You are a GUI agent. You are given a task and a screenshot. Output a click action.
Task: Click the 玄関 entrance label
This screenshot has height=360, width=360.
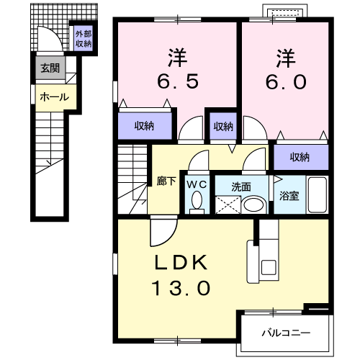click(x=50, y=68)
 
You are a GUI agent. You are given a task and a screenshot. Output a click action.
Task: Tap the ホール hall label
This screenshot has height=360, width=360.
click(x=55, y=97)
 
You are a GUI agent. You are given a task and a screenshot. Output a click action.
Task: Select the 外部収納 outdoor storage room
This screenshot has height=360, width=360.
click(x=84, y=38)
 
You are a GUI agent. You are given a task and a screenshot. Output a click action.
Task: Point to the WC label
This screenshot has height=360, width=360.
click(x=197, y=184)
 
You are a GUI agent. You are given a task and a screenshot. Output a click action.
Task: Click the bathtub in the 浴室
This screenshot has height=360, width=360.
click(x=318, y=194)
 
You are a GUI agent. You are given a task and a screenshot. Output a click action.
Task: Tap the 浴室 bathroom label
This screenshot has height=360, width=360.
click(x=289, y=196)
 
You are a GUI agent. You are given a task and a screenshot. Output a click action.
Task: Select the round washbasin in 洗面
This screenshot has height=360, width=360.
click(x=253, y=205)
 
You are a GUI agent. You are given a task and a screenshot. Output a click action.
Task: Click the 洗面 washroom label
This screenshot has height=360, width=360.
click(x=241, y=187)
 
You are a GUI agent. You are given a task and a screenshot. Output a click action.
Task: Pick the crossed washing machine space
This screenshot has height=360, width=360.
click(x=228, y=204)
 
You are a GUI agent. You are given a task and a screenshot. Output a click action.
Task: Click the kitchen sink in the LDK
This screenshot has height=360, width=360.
click(x=269, y=267)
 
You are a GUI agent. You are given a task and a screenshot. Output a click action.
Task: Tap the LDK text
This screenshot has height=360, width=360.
click(x=181, y=262)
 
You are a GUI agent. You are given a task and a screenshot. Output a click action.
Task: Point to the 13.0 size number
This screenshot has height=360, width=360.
click(x=181, y=288)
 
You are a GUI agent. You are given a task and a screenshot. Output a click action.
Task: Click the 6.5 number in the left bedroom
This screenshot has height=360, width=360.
click(x=178, y=81)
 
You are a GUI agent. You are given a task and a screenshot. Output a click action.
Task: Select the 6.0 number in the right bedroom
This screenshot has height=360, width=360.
click(x=286, y=81)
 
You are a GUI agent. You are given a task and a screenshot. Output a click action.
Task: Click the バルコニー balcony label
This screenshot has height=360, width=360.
click(x=286, y=333)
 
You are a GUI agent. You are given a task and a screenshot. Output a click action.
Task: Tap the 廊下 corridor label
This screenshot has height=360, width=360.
click(x=166, y=181)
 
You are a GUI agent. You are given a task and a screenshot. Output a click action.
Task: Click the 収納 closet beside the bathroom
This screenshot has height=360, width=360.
click(x=301, y=158)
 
